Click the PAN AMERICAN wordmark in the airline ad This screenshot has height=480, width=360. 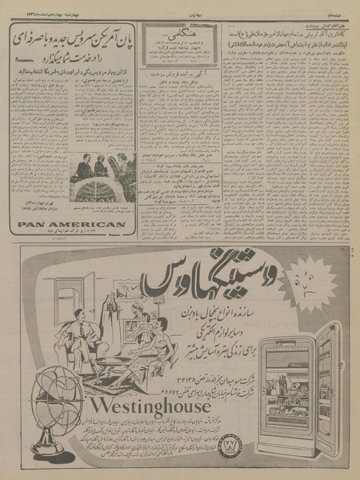click(71, 225)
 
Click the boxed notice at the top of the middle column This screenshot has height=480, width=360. click(170, 42)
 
